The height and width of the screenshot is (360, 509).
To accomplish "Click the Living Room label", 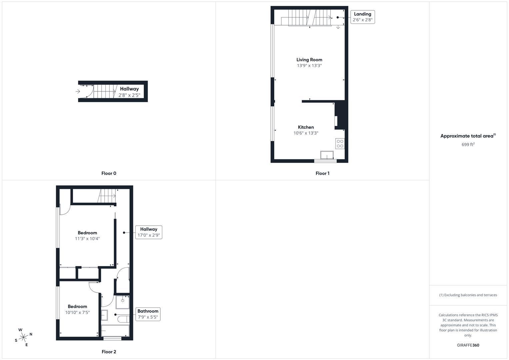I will click(309, 60).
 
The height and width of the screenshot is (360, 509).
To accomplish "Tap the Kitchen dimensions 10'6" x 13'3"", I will click(306, 133).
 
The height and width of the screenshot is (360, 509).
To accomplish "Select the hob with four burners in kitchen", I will click(340, 144).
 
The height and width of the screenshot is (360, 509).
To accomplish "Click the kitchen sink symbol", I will click(327, 155).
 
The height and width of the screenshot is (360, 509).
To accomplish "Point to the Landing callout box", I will click(362, 17).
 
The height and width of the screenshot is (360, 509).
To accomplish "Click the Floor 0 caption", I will click(109, 173).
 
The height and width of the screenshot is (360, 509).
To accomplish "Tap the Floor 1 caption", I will click(322, 173).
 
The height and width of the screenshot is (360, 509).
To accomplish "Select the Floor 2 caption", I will click(109, 352).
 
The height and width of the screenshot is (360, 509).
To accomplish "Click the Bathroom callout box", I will click(148, 314).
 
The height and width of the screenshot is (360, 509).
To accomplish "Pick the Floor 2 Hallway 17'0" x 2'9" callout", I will click(149, 232).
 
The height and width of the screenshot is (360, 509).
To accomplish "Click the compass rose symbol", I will click(23, 337).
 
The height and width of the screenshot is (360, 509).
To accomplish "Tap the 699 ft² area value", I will click(468, 145).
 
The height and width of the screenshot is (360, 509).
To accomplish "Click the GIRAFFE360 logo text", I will click(468, 345).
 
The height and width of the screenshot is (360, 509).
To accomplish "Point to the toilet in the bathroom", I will click(123, 319).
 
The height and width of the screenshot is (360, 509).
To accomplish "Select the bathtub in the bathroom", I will click(115, 331).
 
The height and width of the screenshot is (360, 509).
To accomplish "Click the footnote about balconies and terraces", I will click(468, 295).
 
